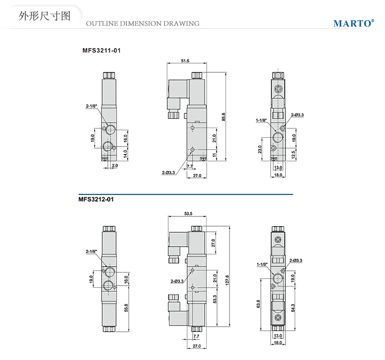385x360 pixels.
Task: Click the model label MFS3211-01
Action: pyautogui.click(x=101, y=51)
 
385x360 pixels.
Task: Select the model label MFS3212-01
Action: pyautogui.click(x=96, y=199)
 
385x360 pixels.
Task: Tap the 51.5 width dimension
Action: pyautogui.click(x=185, y=61)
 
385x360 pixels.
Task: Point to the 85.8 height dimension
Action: pyautogui.click(x=223, y=117)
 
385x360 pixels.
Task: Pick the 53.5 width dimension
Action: pyautogui.click(x=187, y=213)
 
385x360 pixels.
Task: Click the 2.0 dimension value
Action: pyautogui.click(x=115, y=166)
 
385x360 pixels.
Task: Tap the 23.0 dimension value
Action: pyautogui.click(x=261, y=149)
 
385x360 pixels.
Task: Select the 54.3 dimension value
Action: pyautogui.click(x=293, y=307)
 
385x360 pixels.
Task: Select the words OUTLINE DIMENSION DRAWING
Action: pyautogui.click(x=142, y=24)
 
